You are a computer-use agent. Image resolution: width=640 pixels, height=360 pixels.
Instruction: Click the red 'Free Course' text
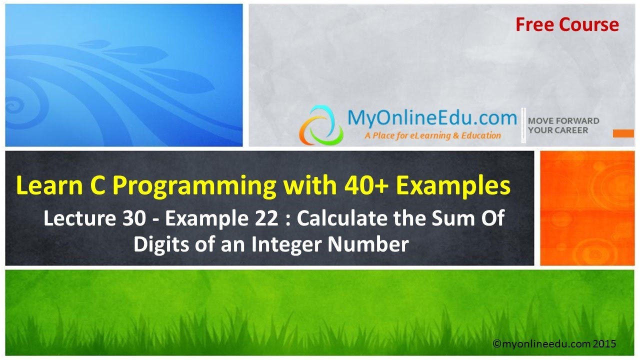[x=567, y=24]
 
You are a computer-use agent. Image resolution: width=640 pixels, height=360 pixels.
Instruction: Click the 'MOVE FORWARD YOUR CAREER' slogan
[x=563, y=125]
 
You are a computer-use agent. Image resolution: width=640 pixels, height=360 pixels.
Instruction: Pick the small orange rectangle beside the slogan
[x=622, y=133]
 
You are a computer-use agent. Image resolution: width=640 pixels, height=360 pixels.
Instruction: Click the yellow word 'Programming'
[x=194, y=186]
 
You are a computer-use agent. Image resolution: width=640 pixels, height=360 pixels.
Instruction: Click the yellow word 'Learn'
[x=45, y=186]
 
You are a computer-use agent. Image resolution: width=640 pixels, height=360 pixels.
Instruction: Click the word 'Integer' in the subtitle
[x=285, y=244]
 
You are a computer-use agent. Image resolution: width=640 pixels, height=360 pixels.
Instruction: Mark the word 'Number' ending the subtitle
[x=372, y=244]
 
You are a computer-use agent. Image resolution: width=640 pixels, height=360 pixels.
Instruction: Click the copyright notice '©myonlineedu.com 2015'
[x=554, y=344]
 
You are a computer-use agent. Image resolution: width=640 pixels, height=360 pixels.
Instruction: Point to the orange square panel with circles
[x=587, y=208]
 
